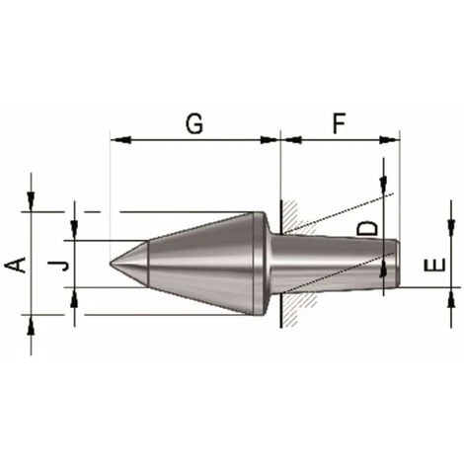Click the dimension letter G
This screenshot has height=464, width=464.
click(x=194, y=123)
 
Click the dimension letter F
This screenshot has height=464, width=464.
click(x=339, y=123)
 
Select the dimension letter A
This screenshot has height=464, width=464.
click(x=16, y=266)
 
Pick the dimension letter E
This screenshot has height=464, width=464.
click(x=434, y=265)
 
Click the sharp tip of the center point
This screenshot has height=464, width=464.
click(x=111, y=264)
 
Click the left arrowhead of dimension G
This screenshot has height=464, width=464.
click(x=120, y=140)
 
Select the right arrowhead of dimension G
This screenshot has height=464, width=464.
click(x=269, y=140)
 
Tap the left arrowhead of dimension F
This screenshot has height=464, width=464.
click(x=293, y=140)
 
